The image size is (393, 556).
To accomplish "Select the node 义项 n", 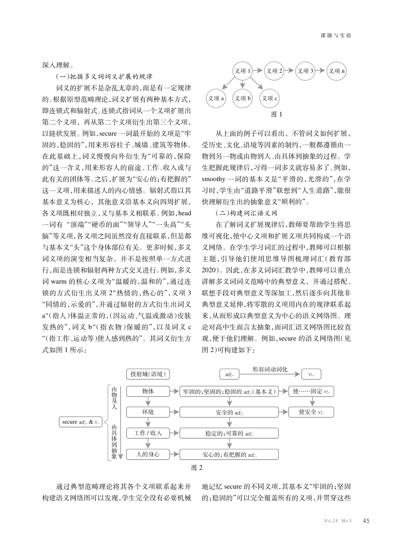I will click(337, 71).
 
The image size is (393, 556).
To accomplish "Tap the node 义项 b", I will click(243, 98).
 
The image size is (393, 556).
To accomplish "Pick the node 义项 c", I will click(269, 98).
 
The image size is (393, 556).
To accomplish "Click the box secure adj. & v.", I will click(81, 422).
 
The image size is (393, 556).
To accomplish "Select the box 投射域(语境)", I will click(148, 374).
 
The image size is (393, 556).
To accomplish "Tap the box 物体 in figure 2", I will click(148, 391).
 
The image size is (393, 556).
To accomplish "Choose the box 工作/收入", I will click(148, 433).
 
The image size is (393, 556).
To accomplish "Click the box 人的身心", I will click(148, 454).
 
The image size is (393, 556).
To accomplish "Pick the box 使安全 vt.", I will click(311, 412).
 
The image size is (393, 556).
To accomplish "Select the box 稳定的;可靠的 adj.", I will click(229, 434).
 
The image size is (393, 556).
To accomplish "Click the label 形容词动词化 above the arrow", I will click(270, 369).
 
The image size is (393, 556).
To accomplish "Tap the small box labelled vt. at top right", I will click(311, 375).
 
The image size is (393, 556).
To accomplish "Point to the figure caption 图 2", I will click(197, 468).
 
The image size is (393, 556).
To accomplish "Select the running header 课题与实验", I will click(336, 36).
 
